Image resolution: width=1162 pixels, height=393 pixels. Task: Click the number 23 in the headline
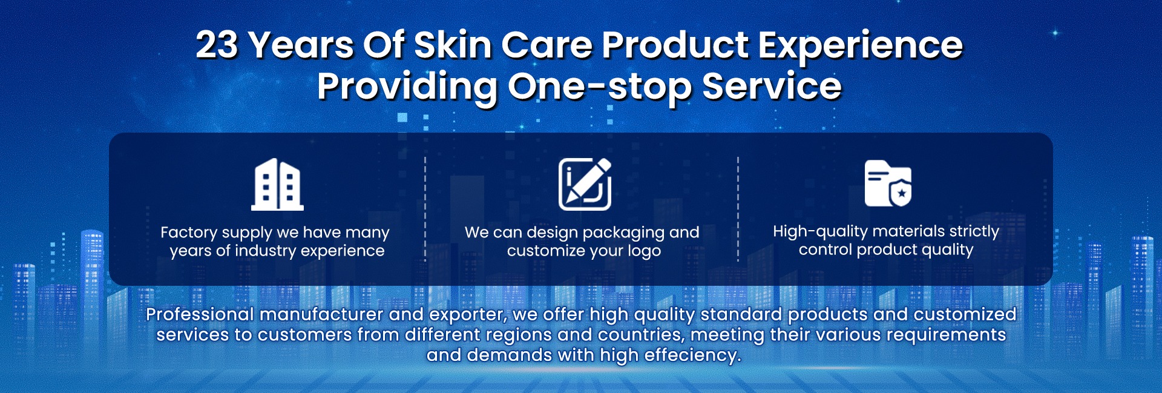pyautogui.click(x=217, y=45)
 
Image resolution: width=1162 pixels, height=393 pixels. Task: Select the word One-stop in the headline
pyautogui.click(x=599, y=87)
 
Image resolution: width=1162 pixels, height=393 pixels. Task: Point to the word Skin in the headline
pyautogui.click(x=452, y=45)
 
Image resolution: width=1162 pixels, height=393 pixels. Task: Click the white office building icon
pyautogui.click(x=277, y=185)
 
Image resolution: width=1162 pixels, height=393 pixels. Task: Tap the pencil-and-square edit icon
pyautogui.click(x=585, y=184)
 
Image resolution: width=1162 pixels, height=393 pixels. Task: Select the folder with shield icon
pyautogui.click(x=888, y=183)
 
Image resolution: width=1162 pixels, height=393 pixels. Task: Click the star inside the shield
pyautogui.click(x=902, y=194)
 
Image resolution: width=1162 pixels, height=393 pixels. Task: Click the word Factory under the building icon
pyautogui.click(x=189, y=233)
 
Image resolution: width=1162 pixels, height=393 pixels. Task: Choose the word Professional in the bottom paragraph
pyautogui.click(x=200, y=314)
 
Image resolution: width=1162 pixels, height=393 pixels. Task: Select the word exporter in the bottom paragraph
pyautogui.click(x=467, y=315)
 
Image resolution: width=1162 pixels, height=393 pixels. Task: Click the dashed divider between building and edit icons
pyautogui.click(x=425, y=209)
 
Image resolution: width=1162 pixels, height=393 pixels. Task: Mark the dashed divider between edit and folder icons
pyautogui.click(x=738, y=209)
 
